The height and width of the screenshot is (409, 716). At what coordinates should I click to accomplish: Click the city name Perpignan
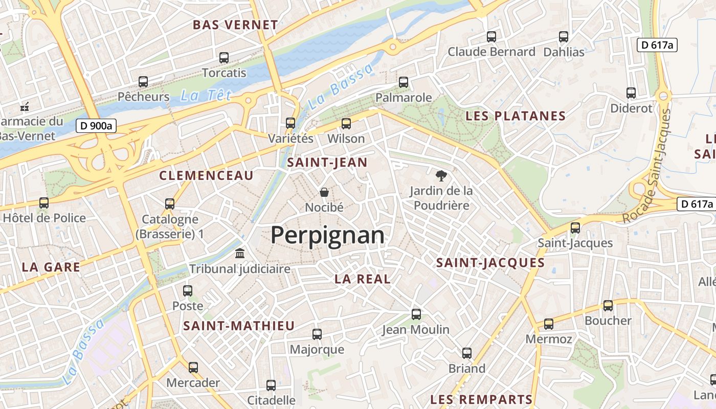pyautogui.click(x=327, y=236)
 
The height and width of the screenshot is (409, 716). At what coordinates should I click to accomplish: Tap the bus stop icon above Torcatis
pyautogui.click(x=223, y=58)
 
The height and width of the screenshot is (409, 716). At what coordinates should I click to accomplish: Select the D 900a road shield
pyautogui.click(x=97, y=125)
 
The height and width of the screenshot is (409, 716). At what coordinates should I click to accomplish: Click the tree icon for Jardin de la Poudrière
pyautogui.click(x=440, y=176)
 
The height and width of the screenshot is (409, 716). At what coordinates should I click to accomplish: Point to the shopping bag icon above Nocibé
pyautogui.click(x=324, y=193)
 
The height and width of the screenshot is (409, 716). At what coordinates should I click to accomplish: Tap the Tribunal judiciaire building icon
pyautogui.click(x=239, y=254)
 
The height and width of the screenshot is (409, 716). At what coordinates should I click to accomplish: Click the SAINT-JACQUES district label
pyautogui.click(x=490, y=263)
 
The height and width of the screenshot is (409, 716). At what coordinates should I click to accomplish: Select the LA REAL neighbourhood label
pyautogui.click(x=363, y=279)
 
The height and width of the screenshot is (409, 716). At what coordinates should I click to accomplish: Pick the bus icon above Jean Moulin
pyautogui.click(x=416, y=314)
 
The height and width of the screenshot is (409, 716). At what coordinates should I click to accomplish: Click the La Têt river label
pyautogui.click(x=206, y=95)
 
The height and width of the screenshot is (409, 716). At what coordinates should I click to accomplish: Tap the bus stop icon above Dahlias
pyautogui.click(x=564, y=37)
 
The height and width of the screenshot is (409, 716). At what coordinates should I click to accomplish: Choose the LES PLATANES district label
pyautogui.click(x=516, y=116)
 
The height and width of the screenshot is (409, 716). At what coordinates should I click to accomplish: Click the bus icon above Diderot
pyautogui.click(x=631, y=93)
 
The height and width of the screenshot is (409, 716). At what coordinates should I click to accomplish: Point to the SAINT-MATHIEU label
pyautogui.click(x=239, y=326)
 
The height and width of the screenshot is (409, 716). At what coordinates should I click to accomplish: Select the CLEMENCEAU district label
pyautogui.click(x=206, y=176)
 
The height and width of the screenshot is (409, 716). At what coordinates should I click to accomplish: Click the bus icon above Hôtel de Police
pyautogui.click(x=44, y=203)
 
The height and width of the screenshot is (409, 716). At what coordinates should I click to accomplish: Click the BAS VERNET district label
pyautogui.click(x=235, y=25)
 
